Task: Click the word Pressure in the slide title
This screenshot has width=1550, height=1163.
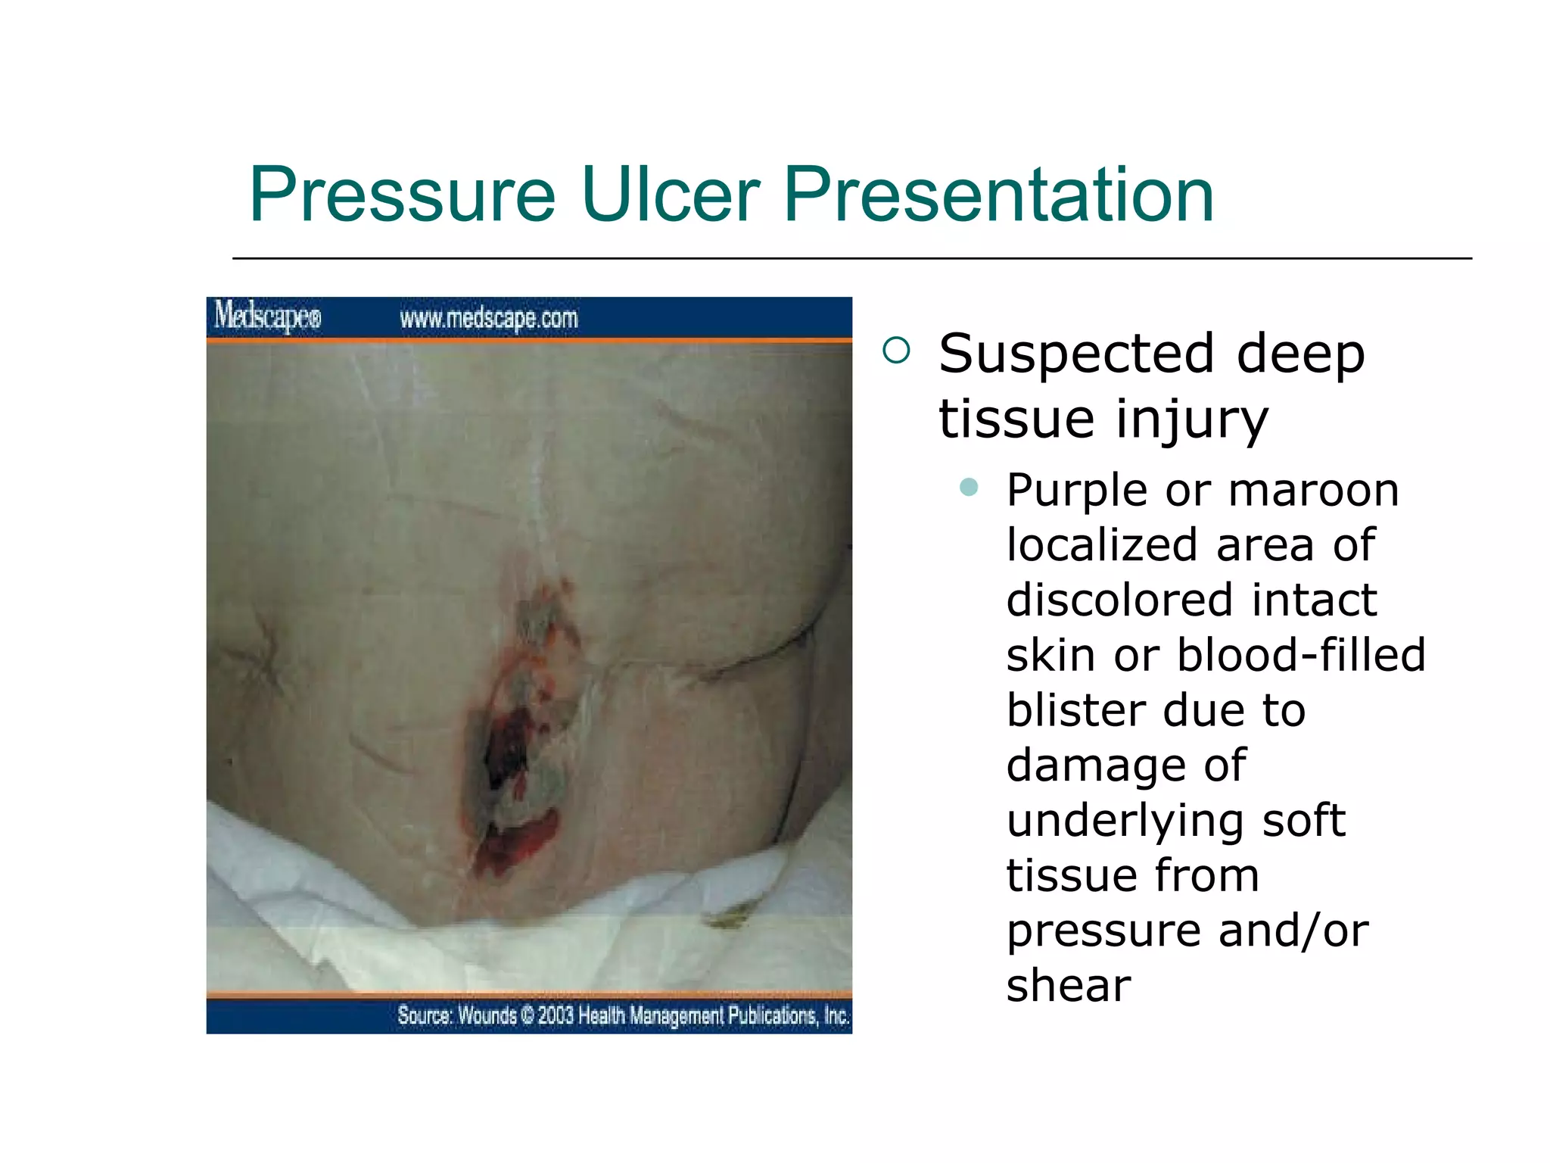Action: point(402,195)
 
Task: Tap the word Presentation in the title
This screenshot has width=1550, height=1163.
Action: point(999,195)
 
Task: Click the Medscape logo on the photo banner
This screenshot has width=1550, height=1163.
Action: point(267,316)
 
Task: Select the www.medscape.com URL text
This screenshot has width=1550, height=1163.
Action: point(488,319)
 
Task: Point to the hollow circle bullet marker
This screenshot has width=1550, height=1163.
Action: point(896,351)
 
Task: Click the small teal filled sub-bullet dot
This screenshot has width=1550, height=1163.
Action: point(968,487)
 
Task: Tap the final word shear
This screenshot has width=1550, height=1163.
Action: point(1068,986)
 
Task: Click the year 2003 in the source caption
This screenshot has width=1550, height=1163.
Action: point(556,1015)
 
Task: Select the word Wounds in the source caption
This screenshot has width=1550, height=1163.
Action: point(487,1015)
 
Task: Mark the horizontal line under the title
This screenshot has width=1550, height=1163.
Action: point(851,259)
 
